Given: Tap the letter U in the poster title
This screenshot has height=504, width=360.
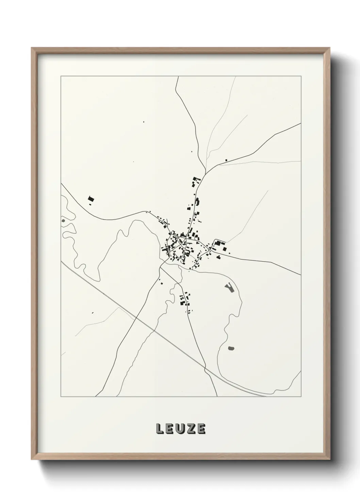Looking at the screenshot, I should [x=180, y=429].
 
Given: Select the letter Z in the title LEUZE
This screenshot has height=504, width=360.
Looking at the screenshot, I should [x=191, y=429].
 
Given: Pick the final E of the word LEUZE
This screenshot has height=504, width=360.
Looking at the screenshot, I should [x=201, y=429].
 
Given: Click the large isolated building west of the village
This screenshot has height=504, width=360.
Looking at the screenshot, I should [x=91, y=199].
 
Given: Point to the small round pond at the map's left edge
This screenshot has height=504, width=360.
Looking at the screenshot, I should [x=63, y=221].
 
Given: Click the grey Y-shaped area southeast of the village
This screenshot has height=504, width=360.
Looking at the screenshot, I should [x=230, y=288].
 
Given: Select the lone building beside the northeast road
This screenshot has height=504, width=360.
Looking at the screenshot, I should [x=226, y=160].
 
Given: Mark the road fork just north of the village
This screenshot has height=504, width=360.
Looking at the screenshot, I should [x=205, y=170].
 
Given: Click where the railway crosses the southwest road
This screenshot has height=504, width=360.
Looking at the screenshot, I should [x=136, y=317].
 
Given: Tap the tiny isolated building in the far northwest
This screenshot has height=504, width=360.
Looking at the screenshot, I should [x=143, y=121].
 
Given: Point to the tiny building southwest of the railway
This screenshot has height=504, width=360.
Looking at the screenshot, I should [x=93, y=312].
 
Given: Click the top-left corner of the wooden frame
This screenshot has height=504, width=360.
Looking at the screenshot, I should [x=32, y=48].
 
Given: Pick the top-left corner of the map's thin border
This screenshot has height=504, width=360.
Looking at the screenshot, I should [x=61, y=76].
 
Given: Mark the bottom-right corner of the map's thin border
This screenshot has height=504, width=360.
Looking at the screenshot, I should [x=301, y=397].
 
